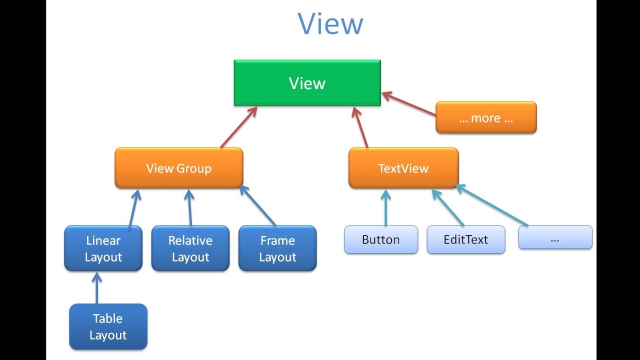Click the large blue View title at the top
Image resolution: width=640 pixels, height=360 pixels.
(330, 24)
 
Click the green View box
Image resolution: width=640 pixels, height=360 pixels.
(307, 83)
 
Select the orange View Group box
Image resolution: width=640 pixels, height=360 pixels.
(178, 168)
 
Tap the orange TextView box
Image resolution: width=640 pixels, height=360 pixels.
(403, 168)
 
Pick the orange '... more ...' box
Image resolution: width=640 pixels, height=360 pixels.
(485, 118)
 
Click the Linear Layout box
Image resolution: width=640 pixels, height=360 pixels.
(103, 248)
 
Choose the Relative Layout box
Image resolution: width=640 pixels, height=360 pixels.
(190, 248)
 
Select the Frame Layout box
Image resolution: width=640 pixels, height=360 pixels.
(277, 248)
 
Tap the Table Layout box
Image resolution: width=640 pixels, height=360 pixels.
(108, 326)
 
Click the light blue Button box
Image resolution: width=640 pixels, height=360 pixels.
(380, 239)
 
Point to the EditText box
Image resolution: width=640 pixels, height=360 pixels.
(465, 239)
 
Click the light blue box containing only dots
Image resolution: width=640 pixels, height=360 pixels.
(555, 237)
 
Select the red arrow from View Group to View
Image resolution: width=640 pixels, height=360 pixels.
(239, 127)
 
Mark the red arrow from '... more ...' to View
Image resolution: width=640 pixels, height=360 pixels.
(409, 104)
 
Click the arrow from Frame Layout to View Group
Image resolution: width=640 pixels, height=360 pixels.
(257, 205)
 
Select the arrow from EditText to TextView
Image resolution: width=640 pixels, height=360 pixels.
(448, 207)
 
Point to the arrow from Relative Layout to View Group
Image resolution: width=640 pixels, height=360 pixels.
(189, 207)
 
